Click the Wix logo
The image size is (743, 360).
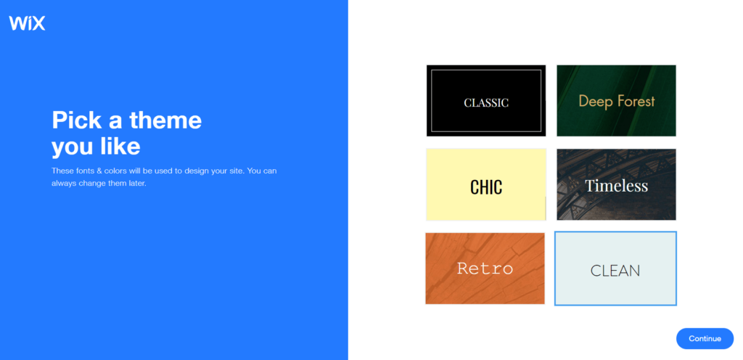[x=27, y=23]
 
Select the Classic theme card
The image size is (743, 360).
[x=486, y=100]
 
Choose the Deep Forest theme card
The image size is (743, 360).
[x=616, y=100]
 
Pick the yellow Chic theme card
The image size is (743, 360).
[x=486, y=184]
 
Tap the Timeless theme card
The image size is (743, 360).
[x=616, y=184]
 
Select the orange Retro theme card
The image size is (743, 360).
[x=485, y=268]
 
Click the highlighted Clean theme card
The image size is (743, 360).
[x=615, y=269]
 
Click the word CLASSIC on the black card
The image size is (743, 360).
[x=486, y=103]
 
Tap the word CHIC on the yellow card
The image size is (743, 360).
[x=486, y=187]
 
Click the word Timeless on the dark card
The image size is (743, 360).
[x=616, y=186]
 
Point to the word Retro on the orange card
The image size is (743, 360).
[x=485, y=269]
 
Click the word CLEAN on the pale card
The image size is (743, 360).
[x=615, y=271]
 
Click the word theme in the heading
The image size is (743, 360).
[x=165, y=120]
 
